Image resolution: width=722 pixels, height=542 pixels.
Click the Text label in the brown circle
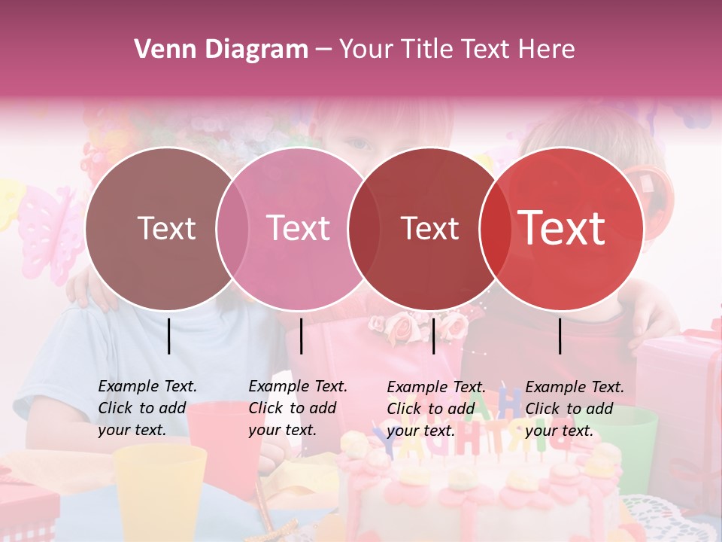coord(166,228)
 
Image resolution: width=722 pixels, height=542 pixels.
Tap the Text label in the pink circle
coord(298,228)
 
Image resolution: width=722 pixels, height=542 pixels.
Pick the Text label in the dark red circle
coord(429,228)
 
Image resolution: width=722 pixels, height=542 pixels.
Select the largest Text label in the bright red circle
coord(561,228)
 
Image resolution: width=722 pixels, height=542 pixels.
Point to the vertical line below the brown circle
coord(169,336)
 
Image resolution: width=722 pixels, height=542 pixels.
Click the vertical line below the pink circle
coord(301,336)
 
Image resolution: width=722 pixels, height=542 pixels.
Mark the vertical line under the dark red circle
coord(433,336)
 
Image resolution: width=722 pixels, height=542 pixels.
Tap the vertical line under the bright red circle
coord(560,336)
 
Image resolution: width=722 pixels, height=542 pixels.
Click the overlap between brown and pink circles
coord(232,228)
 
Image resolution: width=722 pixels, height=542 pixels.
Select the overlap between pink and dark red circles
coord(363,228)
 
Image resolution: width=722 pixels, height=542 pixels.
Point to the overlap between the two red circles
coord(494,228)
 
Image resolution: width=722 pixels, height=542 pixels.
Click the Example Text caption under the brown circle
coord(147,408)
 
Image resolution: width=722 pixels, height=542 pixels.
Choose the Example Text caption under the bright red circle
coord(574,408)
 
